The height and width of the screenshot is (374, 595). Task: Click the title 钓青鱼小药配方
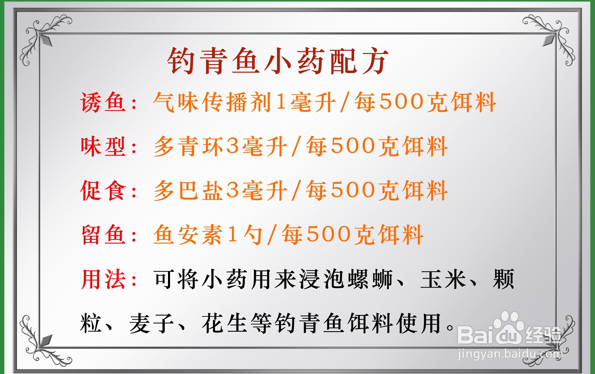[x=278, y=61]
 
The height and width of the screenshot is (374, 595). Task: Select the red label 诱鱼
[x=103, y=103]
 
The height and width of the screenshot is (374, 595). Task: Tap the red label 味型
[x=103, y=147]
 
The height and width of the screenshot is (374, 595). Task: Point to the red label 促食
[x=103, y=190]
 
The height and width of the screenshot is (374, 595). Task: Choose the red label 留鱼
[x=103, y=234]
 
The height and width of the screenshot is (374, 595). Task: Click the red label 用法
[x=103, y=279]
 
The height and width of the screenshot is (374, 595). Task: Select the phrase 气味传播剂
[x=212, y=103]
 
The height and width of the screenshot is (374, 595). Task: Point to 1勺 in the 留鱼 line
[x=245, y=234]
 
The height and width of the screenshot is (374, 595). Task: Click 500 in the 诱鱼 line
[x=402, y=102]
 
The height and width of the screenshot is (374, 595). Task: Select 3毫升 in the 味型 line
[x=257, y=147]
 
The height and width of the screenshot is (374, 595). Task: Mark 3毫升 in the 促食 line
[x=257, y=190]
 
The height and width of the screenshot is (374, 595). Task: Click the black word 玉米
[x=443, y=279]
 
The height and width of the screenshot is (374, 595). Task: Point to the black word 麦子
[x=151, y=323]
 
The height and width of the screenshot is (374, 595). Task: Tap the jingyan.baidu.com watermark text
[x=509, y=354]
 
